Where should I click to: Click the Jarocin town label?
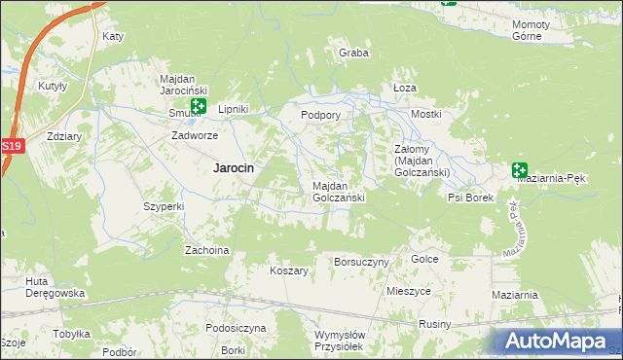pyautogui.click(x=234, y=167)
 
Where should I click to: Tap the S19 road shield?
pyautogui.click(x=11, y=146)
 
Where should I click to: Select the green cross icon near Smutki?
pyautogui.click(x=199, y=106)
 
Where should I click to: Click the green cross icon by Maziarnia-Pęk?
pyautogui.click(x=520, y=170)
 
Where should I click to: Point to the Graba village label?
pyautogui.click(x=353, y=53)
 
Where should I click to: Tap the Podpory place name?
pyautogui.click(x=320, y=115)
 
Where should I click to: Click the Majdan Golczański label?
pyautogui.click(x=339, y=191)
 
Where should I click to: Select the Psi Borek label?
pyautogui.click(x=471, y=197)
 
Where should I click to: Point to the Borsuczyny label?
pyautogui.click(x=361, y=262)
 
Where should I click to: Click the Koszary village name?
pyautogui.click(x=289, y=270)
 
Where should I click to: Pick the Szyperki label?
pyautogui.click(x=164, y=206)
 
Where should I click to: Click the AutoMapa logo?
pyautogui.click(x=560, y=341)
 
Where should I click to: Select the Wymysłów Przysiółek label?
pyautogui.click(x=340, y=341)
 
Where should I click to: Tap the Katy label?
pyautogui.click(x=113, y=37)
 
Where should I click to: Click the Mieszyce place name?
pyautogui.click(x=408, y=291)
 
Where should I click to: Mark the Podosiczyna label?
pyautogui.click(x=236, y=328)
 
